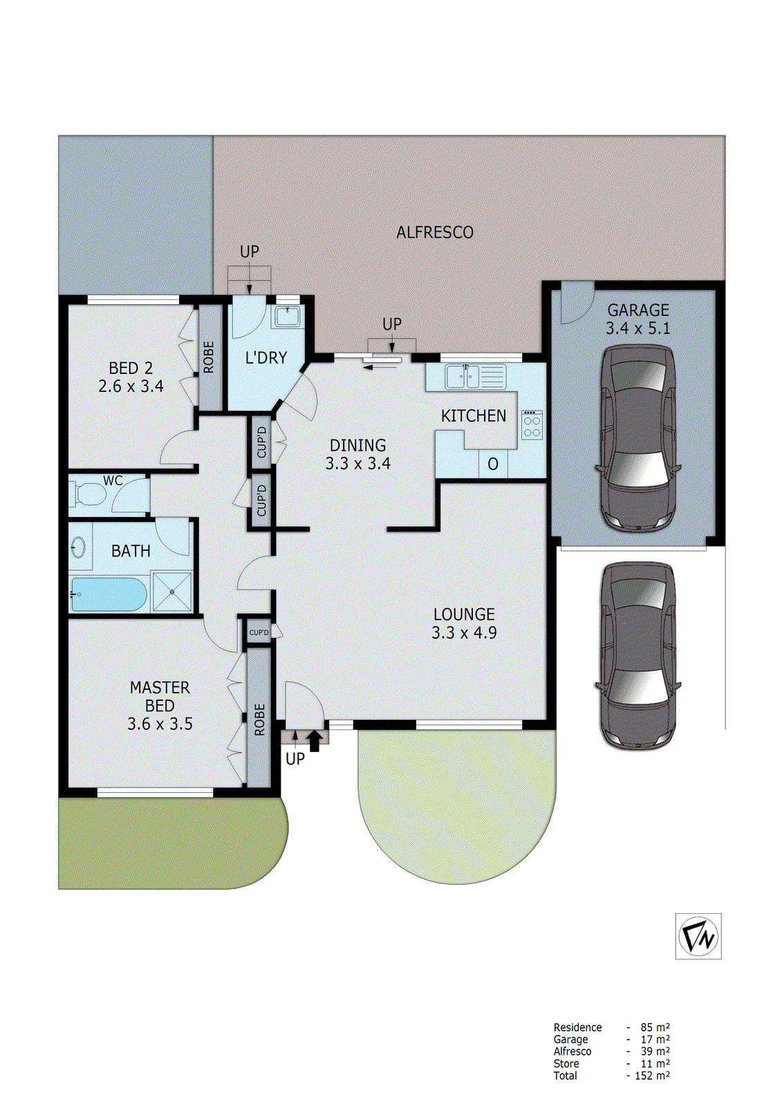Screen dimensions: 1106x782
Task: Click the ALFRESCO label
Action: [x=435, y=233]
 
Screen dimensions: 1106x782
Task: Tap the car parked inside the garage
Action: [x=637, y=440]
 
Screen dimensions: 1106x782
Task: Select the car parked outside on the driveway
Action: [x=637, y=655]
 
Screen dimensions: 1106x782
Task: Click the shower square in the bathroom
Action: [x=171, y=591]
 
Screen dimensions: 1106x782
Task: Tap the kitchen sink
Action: [x=463, y=377]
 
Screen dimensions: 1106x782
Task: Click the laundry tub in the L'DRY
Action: [x=286, y=317]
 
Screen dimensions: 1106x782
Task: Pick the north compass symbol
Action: [x=698, y=937]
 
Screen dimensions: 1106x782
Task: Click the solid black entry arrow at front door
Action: [x=315, y=741]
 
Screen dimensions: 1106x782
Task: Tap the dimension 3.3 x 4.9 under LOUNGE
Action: [x=464, y=633]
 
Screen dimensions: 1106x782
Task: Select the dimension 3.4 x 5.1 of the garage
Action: [x=638, y=329]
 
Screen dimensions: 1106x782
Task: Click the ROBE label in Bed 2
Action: [x=209, y=357]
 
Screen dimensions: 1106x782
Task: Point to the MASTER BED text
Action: [x=160, y=697]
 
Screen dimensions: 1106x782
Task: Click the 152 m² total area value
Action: [x=652, y=1076]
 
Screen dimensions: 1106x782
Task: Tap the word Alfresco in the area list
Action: [x=572, y=1051]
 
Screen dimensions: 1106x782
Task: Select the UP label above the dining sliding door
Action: [x=392, y=324]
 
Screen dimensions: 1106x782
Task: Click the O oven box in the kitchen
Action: [x=493, y=465]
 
